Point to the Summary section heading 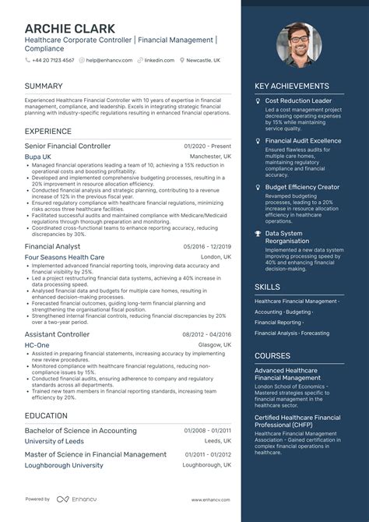click(44, 85)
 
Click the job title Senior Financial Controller click(68, 146)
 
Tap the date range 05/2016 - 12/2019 click(207, 245)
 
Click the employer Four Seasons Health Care click(65, 256)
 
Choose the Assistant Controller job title click(57, 333)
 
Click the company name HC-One click(37, 344)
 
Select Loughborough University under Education click(65, 465)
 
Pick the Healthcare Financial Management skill click(295, 301)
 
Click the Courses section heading click(272, 355)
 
